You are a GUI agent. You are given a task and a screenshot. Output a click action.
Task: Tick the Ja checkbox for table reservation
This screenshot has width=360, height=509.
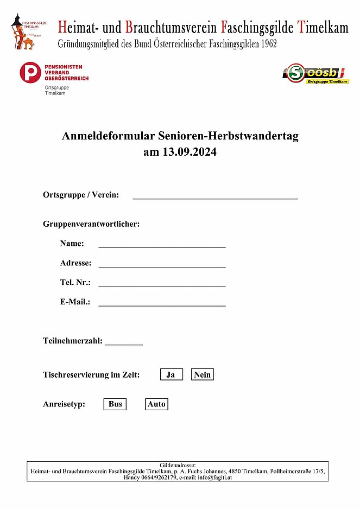pos(171,374)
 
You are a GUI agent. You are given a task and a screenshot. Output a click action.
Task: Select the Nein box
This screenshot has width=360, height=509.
pos(202,374)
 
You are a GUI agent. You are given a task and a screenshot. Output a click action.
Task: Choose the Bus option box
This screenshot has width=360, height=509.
pos(115,404)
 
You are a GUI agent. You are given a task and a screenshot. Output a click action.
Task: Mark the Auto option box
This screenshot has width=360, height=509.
pos(156,404)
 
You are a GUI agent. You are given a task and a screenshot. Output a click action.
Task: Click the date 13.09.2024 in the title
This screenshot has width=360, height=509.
pos(190,152)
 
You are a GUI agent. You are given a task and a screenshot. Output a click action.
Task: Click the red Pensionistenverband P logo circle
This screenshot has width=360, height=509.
pos(30,73)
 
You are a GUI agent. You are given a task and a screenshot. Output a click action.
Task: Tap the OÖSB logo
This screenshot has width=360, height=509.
pos(315,74)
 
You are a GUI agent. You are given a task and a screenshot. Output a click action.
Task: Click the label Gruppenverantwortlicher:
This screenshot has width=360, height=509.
pos(91,224)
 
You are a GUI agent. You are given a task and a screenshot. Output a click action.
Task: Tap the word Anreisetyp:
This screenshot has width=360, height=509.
pos(64,404)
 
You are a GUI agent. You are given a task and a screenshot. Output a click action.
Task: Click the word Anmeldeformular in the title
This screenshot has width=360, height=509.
pos(109,137)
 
